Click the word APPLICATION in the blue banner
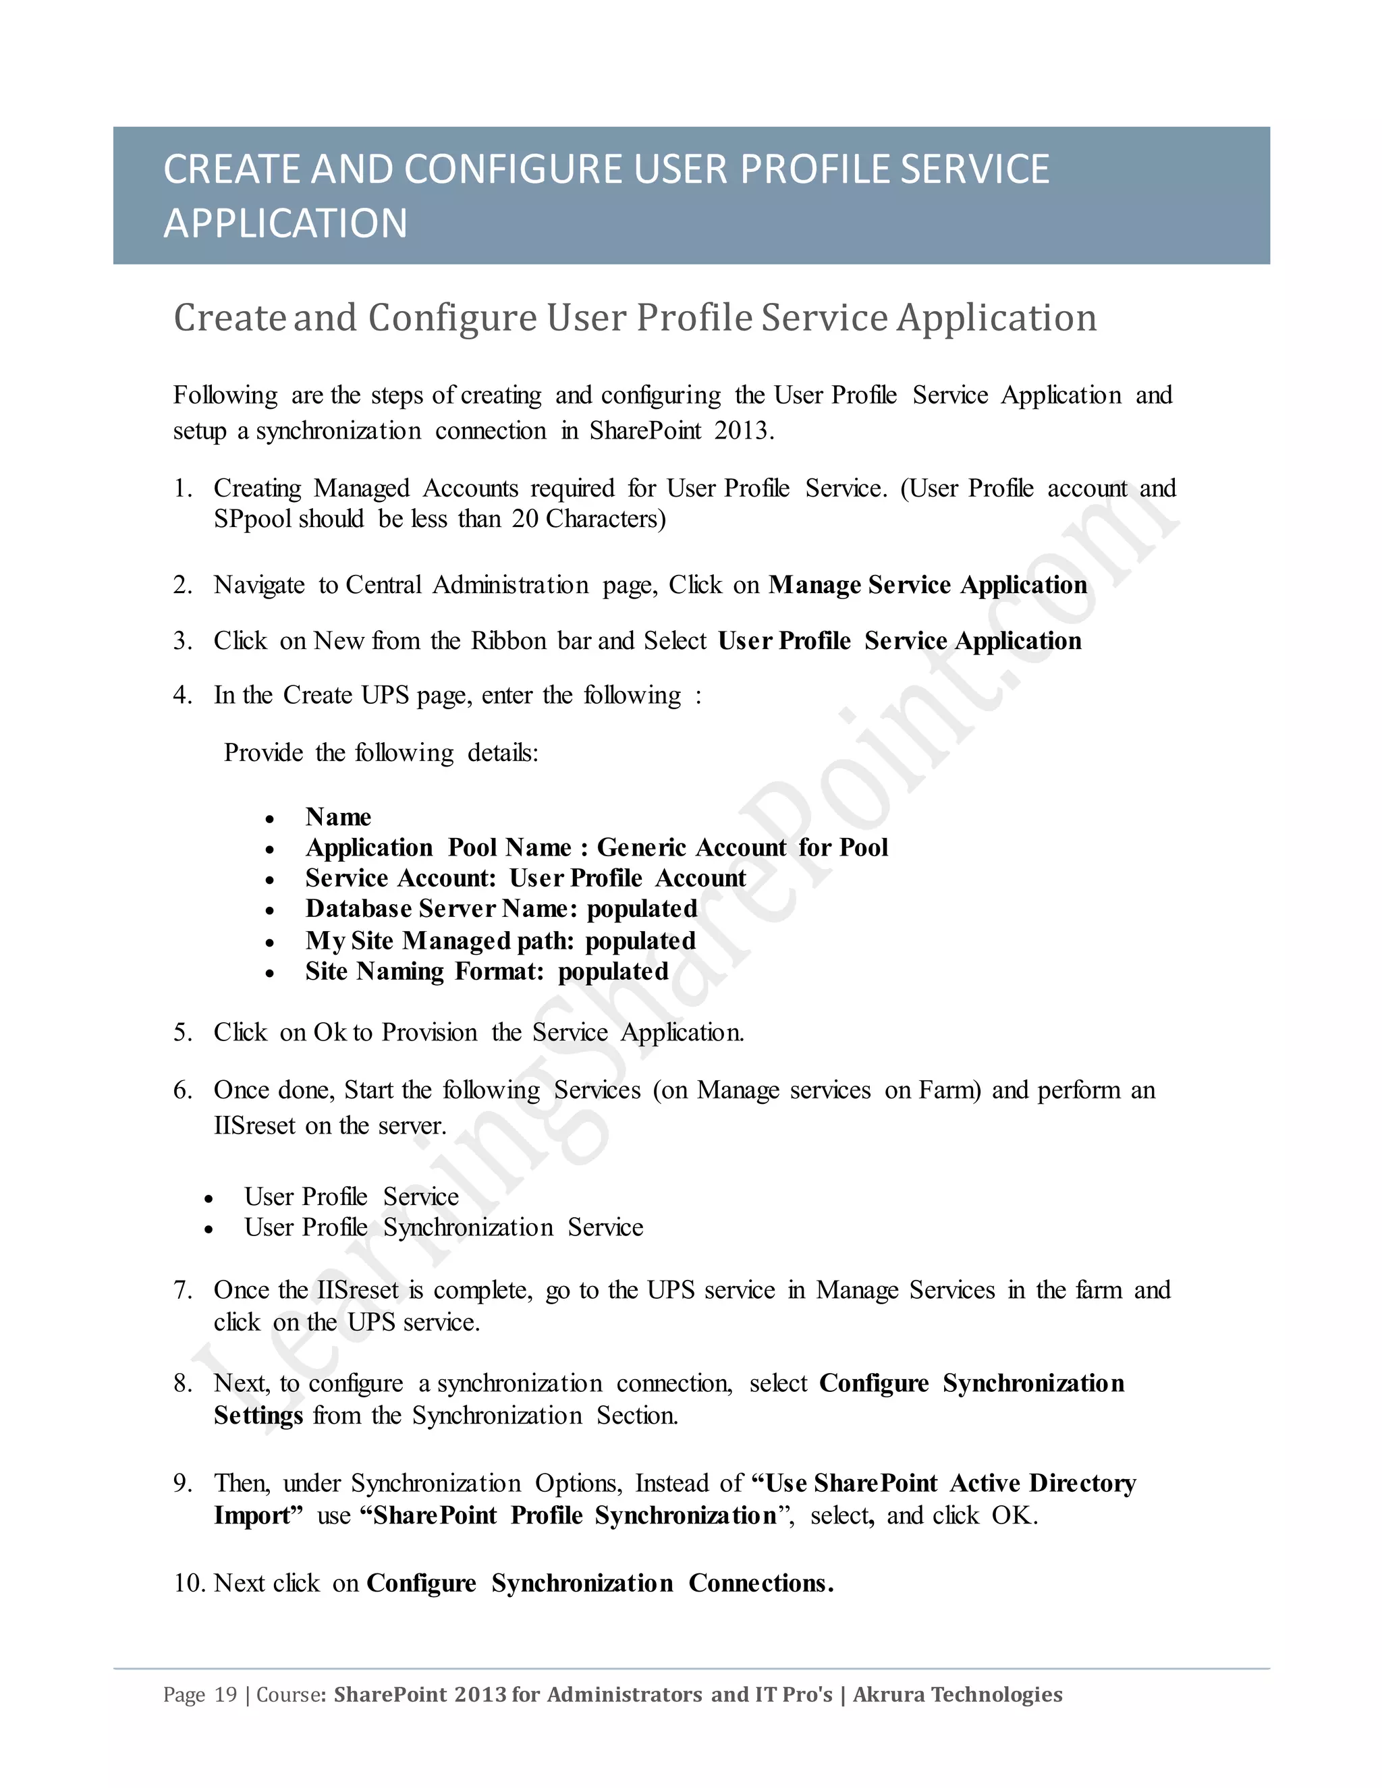pyautogui.click(x=285, y=223)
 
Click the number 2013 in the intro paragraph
pyautogui.click(x=741, y=430)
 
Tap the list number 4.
pyautogui.click(x=182, y=695)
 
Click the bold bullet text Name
pyautogui.click(x=338, y=817)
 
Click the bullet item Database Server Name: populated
pyautogui.click(x=501, y=909)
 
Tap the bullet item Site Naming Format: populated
pyautogui.click(x=487, y=972)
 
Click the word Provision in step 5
pyautogui.click(x=429, y=1032)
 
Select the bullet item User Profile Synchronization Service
pyautogui.click(x=443, y=1227)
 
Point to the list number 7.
pyautogui.click(x=182, y=1290)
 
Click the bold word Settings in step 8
pyautogui.click(x=258, y=1416)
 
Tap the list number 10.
pyautogui.click(x=189, y=1584)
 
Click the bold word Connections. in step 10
pyautogui.click(x=761, y=1584)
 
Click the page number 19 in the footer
pyautogui.click(x=225, y=1695)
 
